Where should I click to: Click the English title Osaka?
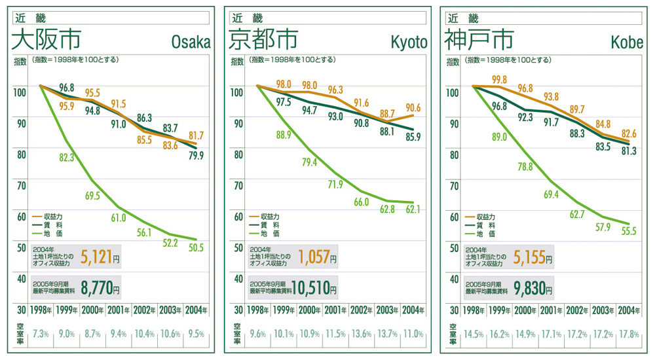(191, 43)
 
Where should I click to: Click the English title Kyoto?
(409, 43)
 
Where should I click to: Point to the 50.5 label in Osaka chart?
(196, 247)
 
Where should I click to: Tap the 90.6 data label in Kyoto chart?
(413, 108)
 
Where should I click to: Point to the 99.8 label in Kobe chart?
(499, 80)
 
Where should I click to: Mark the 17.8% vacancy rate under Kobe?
(629, 333)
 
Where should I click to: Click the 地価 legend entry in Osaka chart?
(51, 233)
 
